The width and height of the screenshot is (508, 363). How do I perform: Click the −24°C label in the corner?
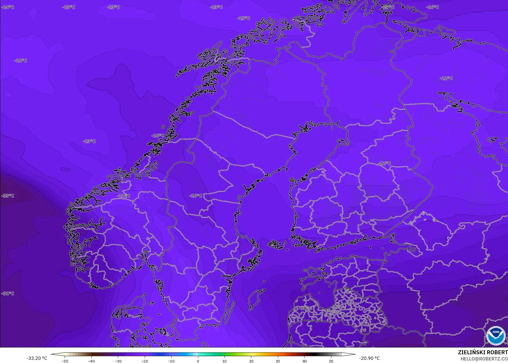[8, 7]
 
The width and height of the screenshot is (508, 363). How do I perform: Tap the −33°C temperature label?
[8, 196]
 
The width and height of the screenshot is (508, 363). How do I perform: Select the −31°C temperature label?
[8, 294]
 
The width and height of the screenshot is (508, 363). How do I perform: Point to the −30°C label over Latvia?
[305, 308]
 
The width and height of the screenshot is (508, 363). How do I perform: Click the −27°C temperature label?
[388, 7]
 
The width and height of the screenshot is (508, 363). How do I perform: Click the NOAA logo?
[495, 335]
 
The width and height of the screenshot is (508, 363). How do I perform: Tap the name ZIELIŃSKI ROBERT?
[483, 353]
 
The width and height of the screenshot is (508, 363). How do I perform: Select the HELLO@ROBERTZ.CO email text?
[484, 359]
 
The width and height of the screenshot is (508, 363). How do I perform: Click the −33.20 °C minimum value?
[37, 358]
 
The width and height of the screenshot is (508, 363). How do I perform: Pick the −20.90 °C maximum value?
[370, 358]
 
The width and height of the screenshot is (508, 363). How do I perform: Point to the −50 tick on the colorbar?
[65, 361]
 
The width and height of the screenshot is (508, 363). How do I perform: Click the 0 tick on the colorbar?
[198, 361]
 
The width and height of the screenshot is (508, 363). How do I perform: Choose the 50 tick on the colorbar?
[331, 361]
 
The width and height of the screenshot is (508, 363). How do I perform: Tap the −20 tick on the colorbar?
[145, 361]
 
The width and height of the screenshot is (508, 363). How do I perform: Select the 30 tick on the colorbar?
[278, 361]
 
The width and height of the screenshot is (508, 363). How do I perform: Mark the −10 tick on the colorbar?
[171, 361]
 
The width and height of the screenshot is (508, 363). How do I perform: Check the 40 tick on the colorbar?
[305, 361]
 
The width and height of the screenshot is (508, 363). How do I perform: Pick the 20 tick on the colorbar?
[251, 361]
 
